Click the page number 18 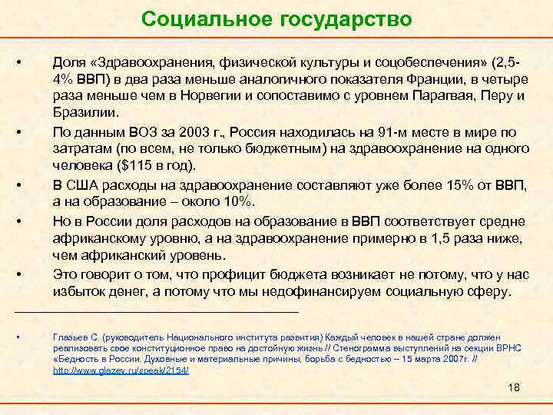pos(514,388)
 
